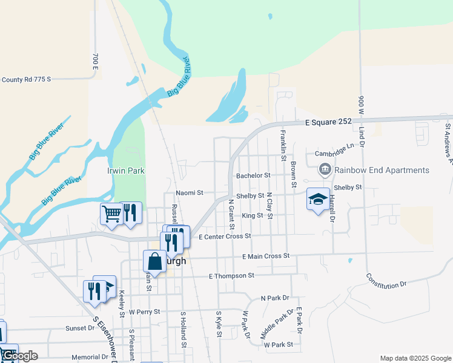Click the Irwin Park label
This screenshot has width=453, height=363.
click(126, 171)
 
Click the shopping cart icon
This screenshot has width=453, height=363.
click(111, 214)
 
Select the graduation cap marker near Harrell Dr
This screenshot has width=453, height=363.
click(319, 200)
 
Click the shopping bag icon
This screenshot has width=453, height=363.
click(154, 261)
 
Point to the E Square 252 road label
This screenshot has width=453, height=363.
click(324, 122)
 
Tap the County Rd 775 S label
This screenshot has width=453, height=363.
click(27, 79)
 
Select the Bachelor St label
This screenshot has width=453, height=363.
click(253, 175)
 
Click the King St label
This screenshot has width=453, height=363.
click(252, 215)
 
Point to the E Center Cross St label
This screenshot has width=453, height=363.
click(225, 236)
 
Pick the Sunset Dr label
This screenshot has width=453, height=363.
click(80, 328)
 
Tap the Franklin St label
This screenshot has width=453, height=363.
click(282, 145)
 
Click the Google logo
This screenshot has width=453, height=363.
click(20, 356)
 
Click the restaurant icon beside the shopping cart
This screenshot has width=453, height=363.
click(131, 214)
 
